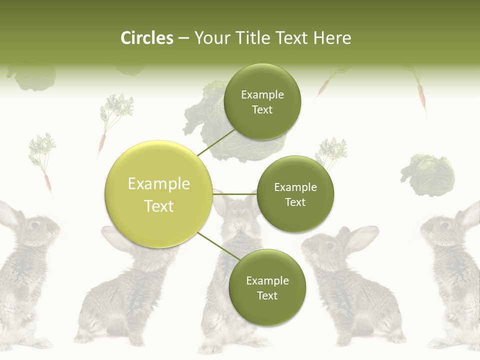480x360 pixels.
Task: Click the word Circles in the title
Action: coord(146,38)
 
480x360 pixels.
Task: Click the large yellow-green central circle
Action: coord(159,194)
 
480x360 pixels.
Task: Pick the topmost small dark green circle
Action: coord(262,102)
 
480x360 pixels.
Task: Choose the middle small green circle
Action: coord(295,194)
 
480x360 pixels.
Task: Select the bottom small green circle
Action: coord(267,287)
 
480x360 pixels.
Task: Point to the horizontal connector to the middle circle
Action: coord(234,194)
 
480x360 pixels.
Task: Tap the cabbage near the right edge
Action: coord(428,175)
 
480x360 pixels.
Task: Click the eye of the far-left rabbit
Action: coord(35,225)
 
